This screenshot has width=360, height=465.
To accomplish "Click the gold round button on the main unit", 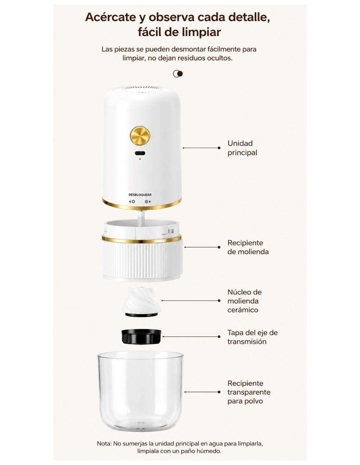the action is [140, 135].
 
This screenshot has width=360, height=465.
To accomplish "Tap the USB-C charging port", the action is [140, 153].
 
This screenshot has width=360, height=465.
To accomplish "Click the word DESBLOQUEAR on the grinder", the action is [140, 195].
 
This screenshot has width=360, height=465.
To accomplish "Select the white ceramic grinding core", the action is [141, 302].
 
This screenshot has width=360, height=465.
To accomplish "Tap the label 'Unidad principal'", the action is [242, 148].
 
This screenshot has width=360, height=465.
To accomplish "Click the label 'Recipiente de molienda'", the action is [248, 247].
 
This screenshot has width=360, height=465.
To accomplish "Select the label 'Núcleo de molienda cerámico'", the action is [244, 301].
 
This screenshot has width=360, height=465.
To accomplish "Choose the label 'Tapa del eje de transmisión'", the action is [252, 337].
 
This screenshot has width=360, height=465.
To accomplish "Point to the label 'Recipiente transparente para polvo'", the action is [249, 392].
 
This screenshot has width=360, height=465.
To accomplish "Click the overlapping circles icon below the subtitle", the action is [178, 74].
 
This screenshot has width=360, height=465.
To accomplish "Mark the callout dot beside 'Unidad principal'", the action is [219, 148].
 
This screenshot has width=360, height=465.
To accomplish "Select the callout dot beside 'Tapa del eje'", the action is [219, 337].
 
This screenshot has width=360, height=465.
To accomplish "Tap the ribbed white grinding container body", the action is [142, 260].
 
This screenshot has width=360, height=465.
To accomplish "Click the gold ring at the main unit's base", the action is [142, 205].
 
